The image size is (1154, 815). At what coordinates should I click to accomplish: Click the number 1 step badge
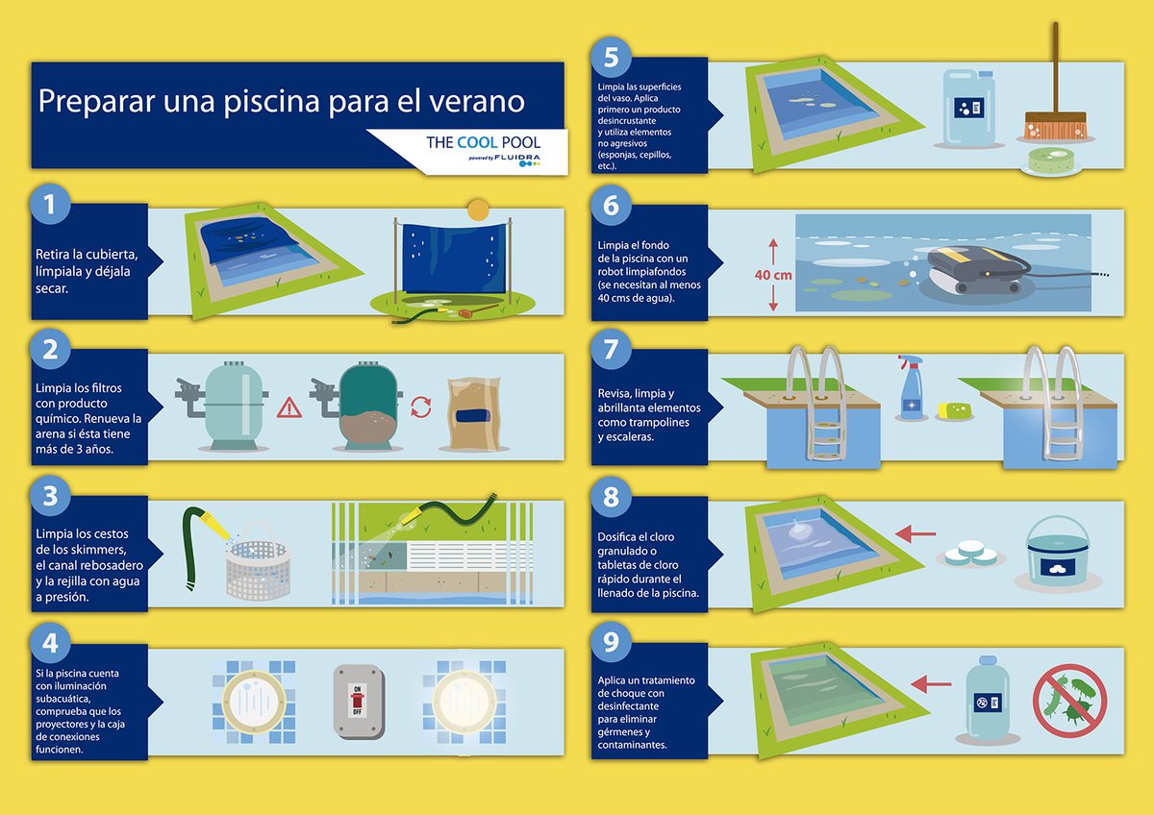(49, 204)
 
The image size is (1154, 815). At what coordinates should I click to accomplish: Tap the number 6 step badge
(611, 205)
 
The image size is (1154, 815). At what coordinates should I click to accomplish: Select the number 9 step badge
(611, 642)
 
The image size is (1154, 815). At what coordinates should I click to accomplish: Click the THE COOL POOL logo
(483, 149)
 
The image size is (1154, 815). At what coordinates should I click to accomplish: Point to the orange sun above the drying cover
(478, 210)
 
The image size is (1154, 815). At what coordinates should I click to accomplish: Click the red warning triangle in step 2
(289, 407)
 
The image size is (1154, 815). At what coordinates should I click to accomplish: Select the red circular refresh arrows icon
(421, 407)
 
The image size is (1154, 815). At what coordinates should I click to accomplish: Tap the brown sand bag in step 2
(474, 414)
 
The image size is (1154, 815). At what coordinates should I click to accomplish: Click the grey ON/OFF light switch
(359, 702)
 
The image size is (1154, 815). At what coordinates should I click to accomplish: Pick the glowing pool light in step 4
(464, 702)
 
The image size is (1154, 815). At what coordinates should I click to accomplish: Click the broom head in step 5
(1055, 126)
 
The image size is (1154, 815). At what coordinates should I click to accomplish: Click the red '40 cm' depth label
(773, 275)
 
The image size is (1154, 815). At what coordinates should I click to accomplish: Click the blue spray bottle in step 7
(911, 386)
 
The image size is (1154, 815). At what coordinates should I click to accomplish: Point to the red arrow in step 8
(916, 534)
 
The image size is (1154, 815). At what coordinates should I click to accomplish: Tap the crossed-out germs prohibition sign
(1070, 701)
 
